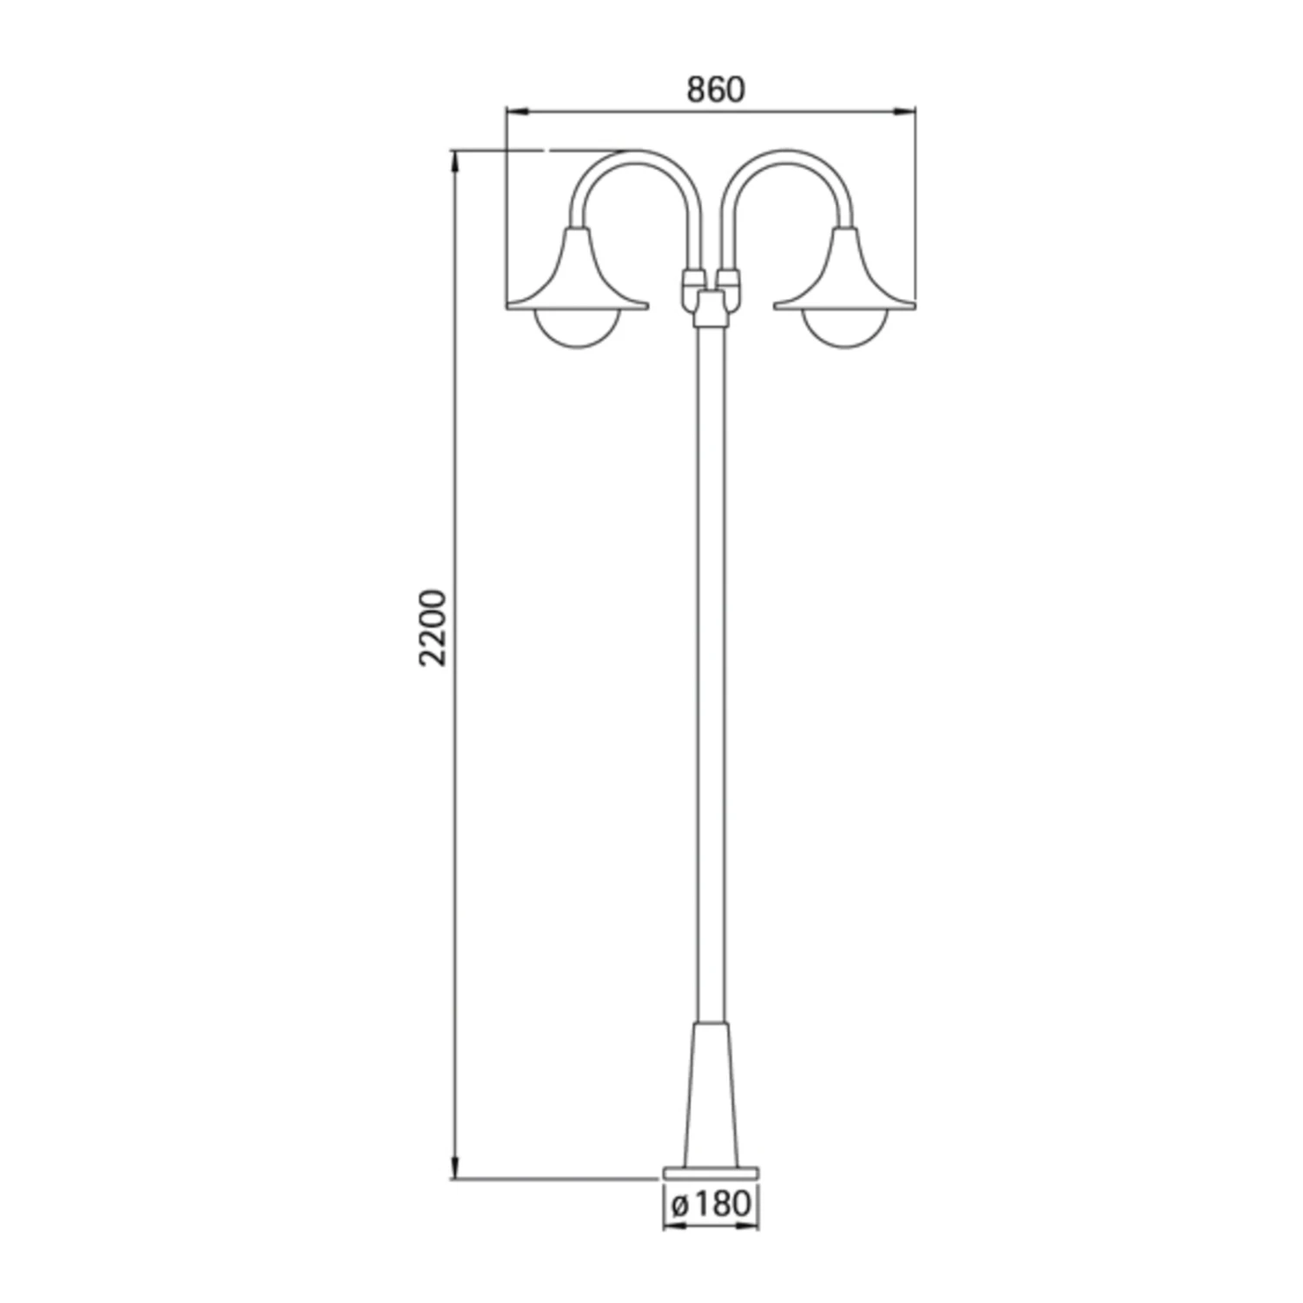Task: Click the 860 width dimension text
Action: pos(715,89)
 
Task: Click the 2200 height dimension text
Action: pos(432,627)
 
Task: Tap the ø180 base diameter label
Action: pos(711,1204)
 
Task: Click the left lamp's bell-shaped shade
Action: pos(577,274)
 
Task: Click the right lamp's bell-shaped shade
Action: pos(845,274)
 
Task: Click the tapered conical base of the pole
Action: pos(711,1095)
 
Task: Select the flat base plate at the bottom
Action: pos(711,1173)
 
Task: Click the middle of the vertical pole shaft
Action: pos(711,669)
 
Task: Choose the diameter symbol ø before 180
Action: pos(680,1205)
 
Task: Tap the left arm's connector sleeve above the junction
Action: pos(692,280)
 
